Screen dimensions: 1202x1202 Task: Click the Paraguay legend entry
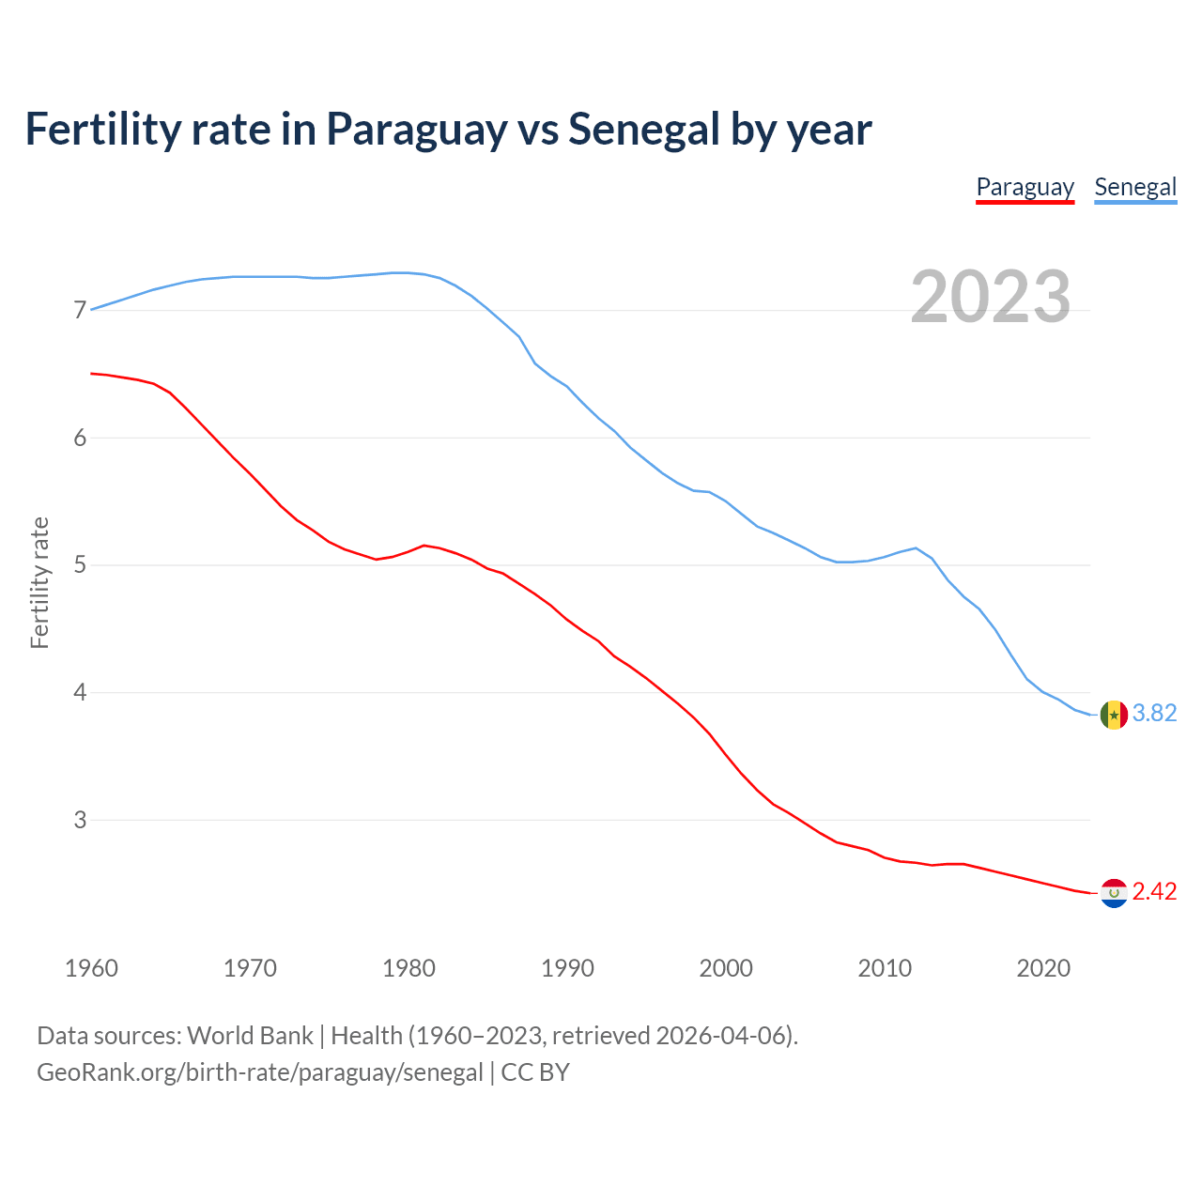click(1025, 187)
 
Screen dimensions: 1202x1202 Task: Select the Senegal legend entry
click(1135, 187)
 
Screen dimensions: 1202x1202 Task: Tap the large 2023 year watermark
click(991, 297)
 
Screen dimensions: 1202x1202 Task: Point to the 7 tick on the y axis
click(80, 310)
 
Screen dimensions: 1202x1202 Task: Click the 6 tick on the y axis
click(80, 438)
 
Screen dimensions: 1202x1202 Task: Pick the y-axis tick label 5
click(80, 565)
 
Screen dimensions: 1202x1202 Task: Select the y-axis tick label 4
click(80, 693)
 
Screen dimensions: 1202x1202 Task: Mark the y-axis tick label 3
click(80, 820)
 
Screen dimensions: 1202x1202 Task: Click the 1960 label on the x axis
click(91, 968)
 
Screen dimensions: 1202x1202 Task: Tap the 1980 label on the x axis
click(408, 968)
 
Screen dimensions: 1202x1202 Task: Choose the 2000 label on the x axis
click(726, 968)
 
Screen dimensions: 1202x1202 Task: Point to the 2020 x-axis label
click(1043, 968)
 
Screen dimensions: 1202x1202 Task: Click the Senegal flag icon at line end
click(1114, 715)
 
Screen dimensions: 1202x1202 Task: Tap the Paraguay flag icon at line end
click(1114, 893)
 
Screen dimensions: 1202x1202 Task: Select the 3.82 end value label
click(1154, 714)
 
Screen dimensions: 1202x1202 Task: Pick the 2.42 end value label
click(1154, 892)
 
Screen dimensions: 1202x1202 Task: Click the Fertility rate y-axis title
click(39, 582)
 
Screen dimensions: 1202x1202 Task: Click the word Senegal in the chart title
click(644, 130)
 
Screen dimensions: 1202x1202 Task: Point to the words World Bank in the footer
click(250, 1036)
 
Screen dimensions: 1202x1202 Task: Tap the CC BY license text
click(535, 1072)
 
